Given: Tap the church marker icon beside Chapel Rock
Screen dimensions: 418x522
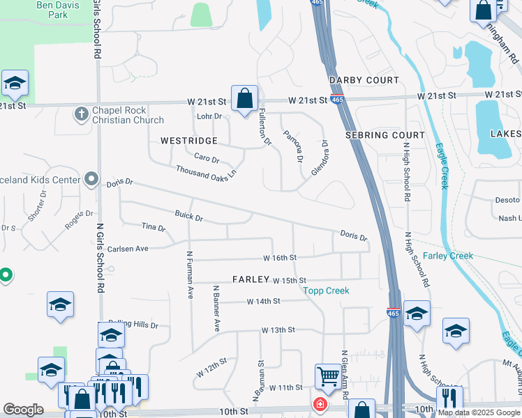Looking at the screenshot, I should [x=82, y=113].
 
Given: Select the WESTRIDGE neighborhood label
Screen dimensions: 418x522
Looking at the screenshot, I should [x=189, y=141].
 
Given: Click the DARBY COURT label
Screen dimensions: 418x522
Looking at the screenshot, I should [x=364, y=81].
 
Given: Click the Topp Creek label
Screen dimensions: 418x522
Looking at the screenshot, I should [x=326, y=291].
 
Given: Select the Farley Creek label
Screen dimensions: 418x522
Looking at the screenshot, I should [x=448, y=256].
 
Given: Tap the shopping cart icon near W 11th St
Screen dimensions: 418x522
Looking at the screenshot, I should [x=327, y=376].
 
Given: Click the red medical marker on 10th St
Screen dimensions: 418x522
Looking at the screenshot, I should [x=320, y=404].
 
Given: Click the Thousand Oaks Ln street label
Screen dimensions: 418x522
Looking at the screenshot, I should [x=206, y=172].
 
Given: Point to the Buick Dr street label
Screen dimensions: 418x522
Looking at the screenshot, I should [x=188, y=217].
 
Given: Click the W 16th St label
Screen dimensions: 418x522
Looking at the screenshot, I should [x=280, y=258].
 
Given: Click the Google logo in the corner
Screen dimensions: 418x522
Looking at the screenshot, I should [x=23, y=410].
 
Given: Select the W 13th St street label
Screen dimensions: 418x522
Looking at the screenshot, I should [x=278, y=330].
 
